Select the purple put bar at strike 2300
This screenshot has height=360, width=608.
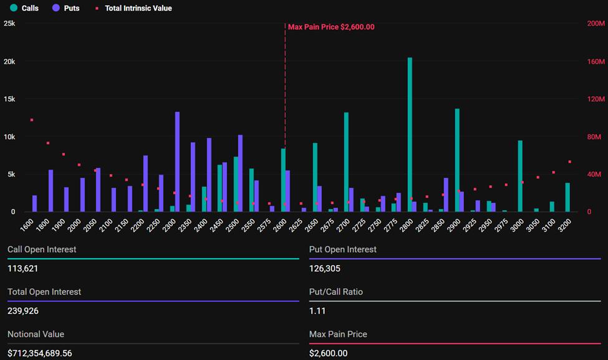click(177, 162)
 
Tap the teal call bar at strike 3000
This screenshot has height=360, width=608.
click(520, 176)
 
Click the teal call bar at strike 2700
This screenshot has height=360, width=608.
click(346, 162)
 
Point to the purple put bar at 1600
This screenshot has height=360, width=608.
click(35, 203)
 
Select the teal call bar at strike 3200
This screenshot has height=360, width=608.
click(567, 197)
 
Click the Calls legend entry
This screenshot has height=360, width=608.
click(24, 8)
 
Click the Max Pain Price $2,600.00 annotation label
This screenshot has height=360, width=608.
click(331, 27)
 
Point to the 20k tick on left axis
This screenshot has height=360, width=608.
click(9, 62)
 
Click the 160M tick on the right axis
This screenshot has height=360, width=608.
click(596, 62)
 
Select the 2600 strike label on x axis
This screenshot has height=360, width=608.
click(280, 225)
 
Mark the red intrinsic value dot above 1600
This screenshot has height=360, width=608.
click(32, 120)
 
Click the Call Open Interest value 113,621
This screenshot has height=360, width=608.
click(22, 268)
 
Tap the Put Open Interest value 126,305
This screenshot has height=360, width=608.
click(324, 268)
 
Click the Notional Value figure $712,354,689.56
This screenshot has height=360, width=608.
click(40, 353)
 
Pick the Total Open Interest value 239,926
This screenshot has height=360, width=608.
click(22, 311)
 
